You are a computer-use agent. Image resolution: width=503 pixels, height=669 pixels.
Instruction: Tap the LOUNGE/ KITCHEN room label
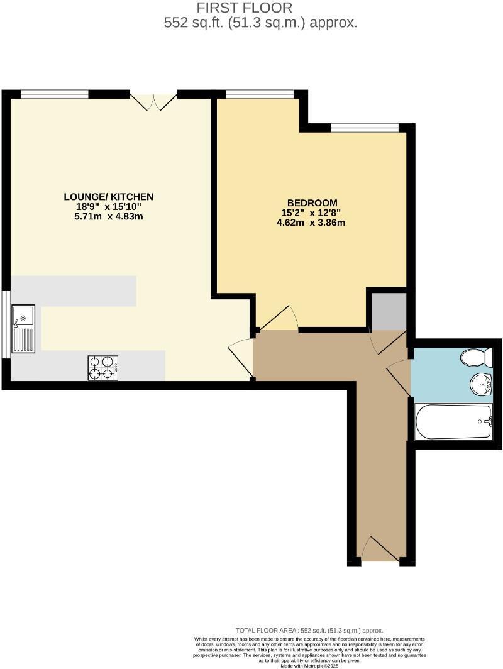108,197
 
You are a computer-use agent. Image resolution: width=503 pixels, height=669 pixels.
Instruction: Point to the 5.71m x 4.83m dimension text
108,217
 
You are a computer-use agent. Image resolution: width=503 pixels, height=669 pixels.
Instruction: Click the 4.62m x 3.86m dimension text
311,223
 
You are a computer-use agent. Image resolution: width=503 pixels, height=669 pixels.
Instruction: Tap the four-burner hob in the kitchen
103,368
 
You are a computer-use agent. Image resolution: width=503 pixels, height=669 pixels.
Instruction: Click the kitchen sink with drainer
23,330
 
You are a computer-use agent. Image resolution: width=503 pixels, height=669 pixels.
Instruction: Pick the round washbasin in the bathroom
480,383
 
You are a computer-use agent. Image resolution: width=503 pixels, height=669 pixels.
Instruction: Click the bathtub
453,422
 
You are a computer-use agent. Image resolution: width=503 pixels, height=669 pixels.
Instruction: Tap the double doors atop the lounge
154,102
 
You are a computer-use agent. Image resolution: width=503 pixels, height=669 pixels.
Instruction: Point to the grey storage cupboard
389,311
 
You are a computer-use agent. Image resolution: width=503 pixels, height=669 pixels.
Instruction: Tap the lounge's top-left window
54,94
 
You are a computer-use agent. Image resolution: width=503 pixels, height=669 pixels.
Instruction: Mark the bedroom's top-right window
365,128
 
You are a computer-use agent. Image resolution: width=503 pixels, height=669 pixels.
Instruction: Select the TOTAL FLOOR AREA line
309,630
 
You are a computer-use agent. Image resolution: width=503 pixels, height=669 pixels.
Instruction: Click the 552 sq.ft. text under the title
260,23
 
